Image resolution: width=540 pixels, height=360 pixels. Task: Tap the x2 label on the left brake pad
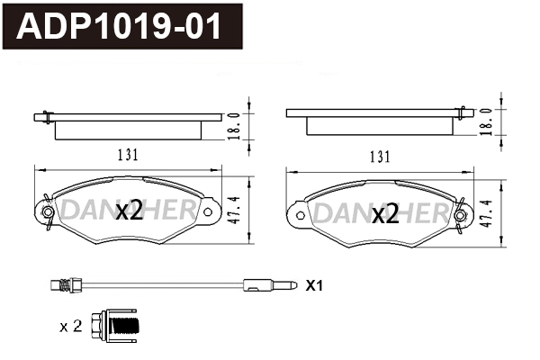pos(130,211)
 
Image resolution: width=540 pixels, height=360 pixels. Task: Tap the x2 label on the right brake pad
pos(385,214)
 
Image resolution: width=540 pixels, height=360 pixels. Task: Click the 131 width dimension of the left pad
pos(127,155)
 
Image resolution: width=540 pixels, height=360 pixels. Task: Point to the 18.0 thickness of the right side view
pos(487,121)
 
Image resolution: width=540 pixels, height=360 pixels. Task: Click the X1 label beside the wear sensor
pos(313,286)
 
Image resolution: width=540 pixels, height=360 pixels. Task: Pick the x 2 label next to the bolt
pos(70,326)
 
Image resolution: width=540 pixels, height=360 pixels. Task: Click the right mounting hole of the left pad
pos(208,211)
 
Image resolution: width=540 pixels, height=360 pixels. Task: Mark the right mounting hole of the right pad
pos(460,214)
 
